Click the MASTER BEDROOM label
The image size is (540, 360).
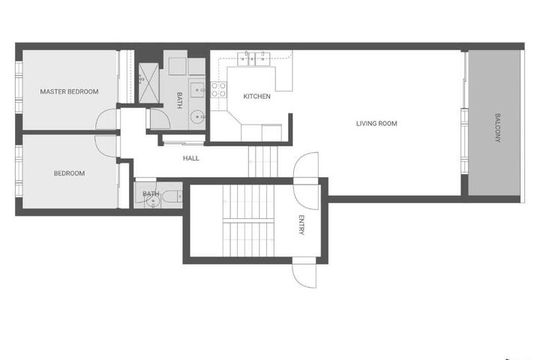tap(69, 91)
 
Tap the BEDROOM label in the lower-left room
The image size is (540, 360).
tap(69, 173)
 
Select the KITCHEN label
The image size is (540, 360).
tap(257, 97)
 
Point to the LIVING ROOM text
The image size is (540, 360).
tap(376, 123)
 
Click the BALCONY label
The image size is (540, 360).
tap(497, 127)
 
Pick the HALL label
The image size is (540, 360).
tap(191, 158)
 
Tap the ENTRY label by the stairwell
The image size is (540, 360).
tap(301, 225)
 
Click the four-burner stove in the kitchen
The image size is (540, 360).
tap(219, 89)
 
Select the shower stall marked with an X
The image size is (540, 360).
tap(148, 83)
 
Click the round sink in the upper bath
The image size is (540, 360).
tap(198, 117)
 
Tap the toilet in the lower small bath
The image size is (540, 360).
tap(172, 196)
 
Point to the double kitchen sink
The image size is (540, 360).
tap(253, 58)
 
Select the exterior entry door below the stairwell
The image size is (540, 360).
tap(304, 272)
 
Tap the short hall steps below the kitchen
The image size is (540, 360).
tap(262, 161)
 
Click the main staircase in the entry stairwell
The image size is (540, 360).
tap(248, 220)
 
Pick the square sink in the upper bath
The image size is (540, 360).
tap(197, 89)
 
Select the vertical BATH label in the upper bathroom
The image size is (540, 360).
tap(179, 100)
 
